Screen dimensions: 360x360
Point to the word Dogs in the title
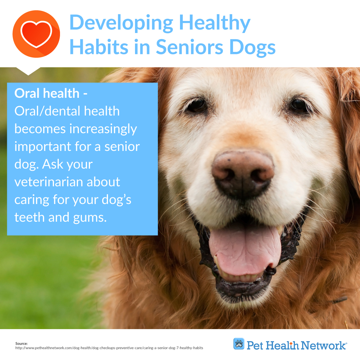(x=252, y=48)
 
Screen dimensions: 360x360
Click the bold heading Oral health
(x=47, y=93)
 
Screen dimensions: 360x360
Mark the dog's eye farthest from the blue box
(x=299, y=105)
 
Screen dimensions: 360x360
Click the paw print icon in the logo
(x=239, y=343)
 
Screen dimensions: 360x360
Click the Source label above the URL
(x=22, y=343)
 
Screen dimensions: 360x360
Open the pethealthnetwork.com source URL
(x=109, y=348)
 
